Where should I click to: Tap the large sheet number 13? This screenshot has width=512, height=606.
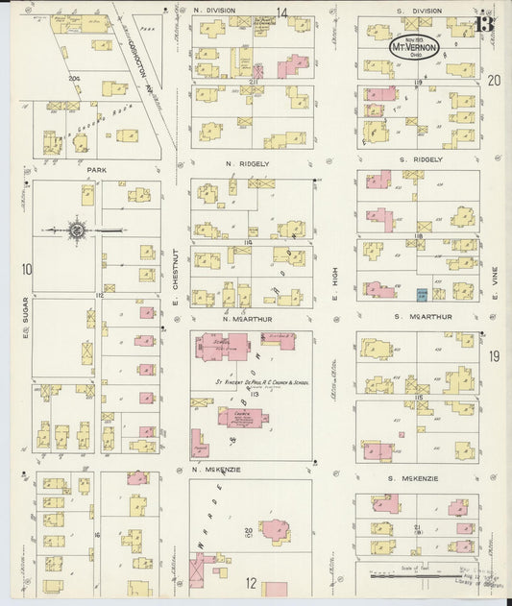[484, 21]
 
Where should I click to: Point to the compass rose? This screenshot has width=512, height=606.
[77, 230]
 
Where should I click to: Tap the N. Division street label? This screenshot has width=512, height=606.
[221, 10]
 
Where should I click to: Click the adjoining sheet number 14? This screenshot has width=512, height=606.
[282, 12]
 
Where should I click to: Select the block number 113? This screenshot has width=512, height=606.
[254, 394]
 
